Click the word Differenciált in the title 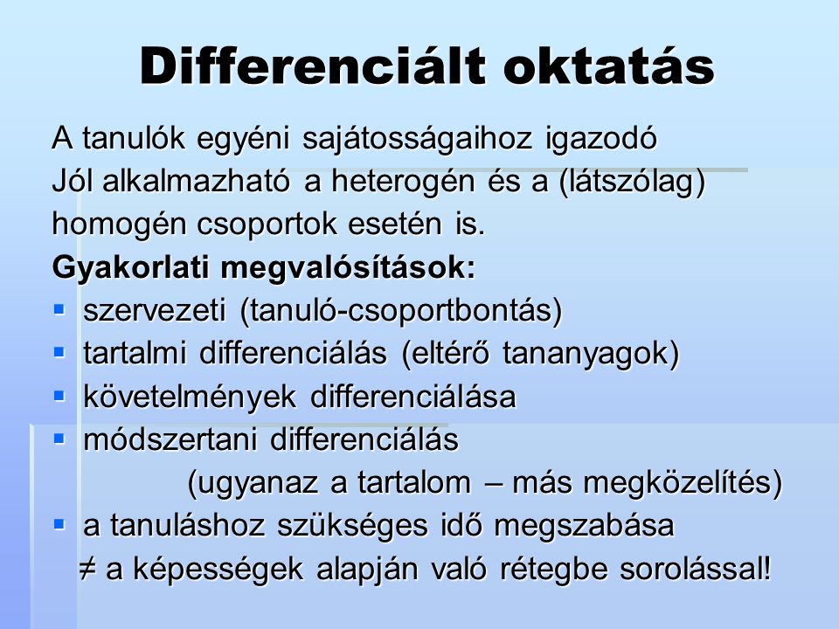tap(313, 66)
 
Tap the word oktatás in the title tap(609, 66)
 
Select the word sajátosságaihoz tap(418, 139)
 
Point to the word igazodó tap(601, 139)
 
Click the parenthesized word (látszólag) tap(632, 182)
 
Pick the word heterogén tap(403, 182)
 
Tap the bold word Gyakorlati tap(130, 267)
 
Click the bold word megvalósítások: tap(348, 267)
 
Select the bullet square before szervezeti tap(59, 309)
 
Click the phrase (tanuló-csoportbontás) tap(401, 311)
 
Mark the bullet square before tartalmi tap(59, 352)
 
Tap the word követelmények tap(190, 397)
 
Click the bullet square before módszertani tap(59, 439)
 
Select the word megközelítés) tap(683, 483)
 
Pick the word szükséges tap(352, 526)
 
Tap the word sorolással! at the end tap(696, 569)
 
